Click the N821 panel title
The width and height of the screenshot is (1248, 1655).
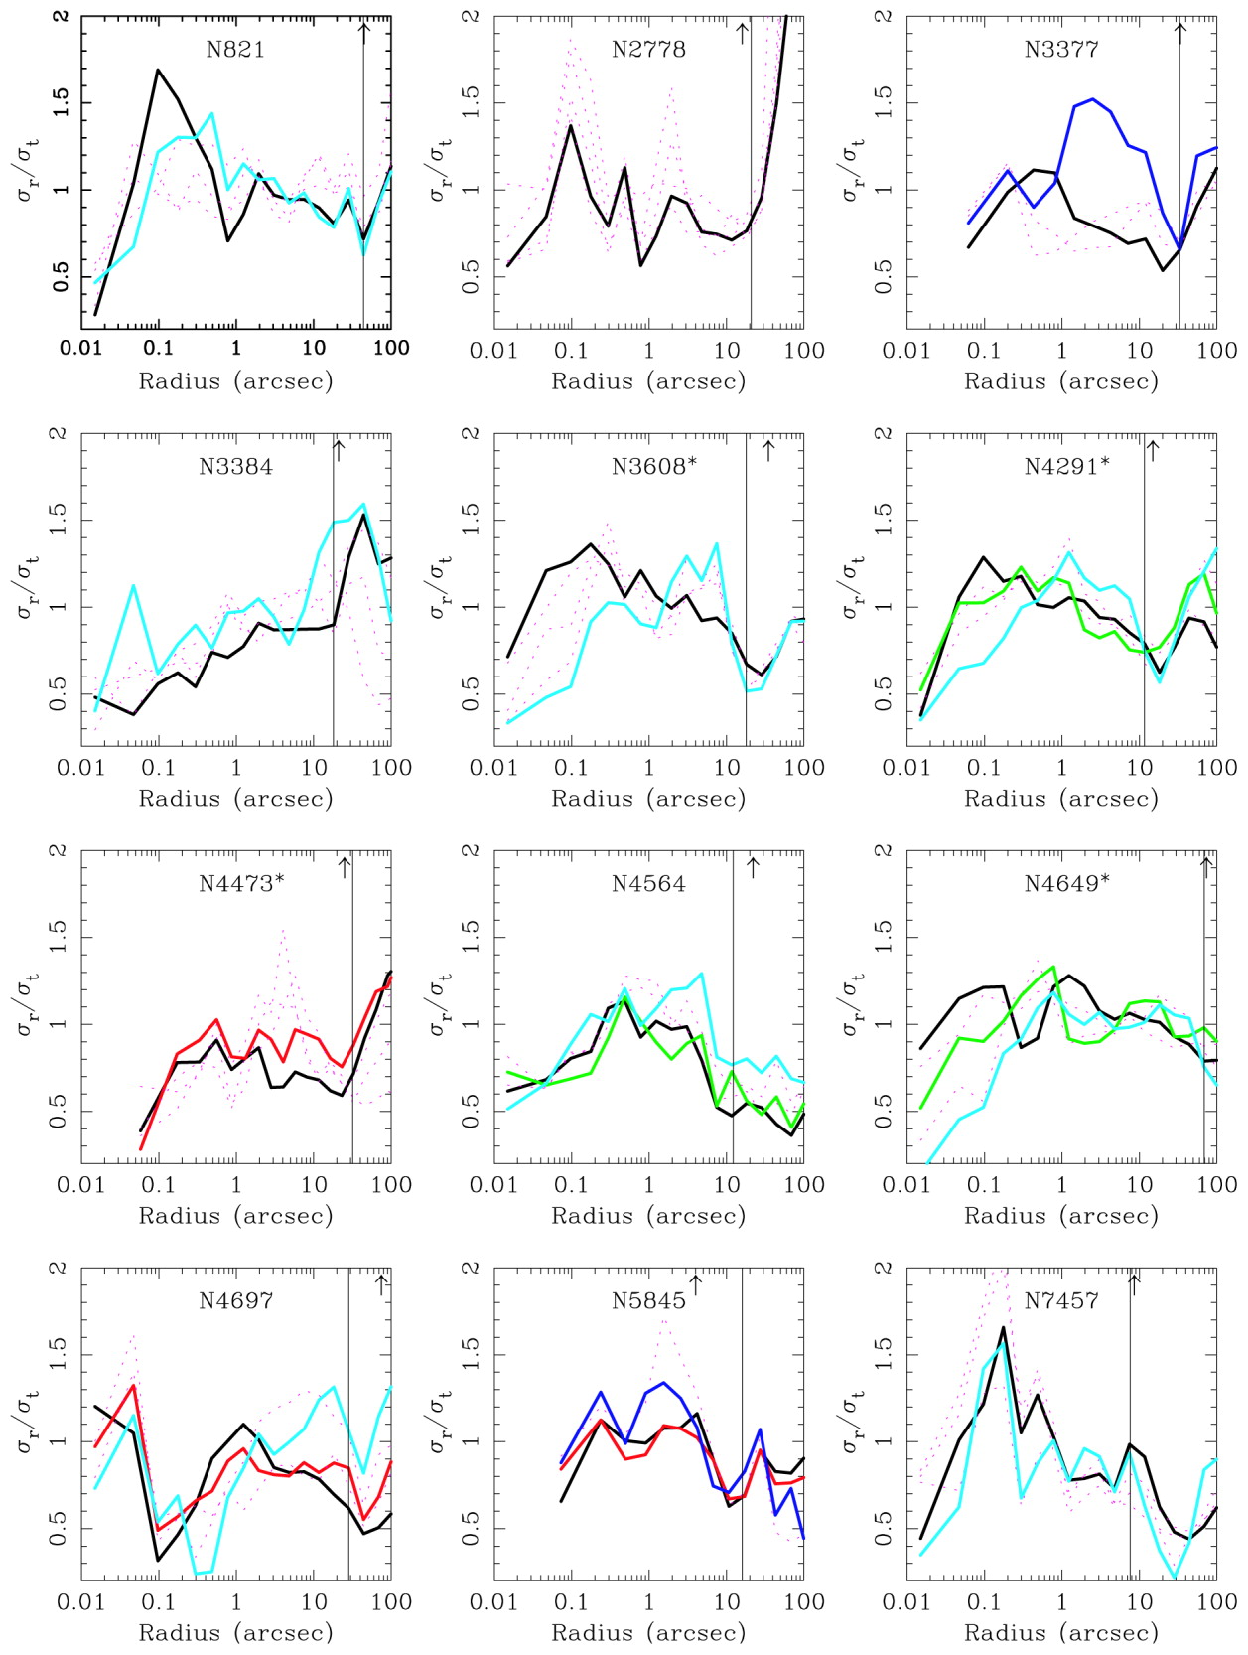235,50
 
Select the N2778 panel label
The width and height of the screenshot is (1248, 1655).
648,50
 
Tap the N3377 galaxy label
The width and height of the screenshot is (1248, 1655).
1061,50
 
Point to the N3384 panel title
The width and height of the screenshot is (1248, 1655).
235,467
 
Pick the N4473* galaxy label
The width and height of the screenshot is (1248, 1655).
241,884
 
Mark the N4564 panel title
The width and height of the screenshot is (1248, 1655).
648,884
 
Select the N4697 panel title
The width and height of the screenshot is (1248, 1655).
235,1301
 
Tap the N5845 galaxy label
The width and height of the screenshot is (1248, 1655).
648,1301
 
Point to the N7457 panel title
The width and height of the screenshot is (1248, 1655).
1061,1301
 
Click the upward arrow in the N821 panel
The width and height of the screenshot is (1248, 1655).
364,32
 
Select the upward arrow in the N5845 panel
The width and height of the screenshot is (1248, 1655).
696,1283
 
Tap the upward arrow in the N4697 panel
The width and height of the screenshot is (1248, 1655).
382,1283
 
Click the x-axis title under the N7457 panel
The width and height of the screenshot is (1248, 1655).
1061,1632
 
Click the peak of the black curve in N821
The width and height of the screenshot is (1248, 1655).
158,70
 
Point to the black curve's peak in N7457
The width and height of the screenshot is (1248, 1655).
1003,1327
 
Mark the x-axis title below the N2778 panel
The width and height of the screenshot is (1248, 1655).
648,381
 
